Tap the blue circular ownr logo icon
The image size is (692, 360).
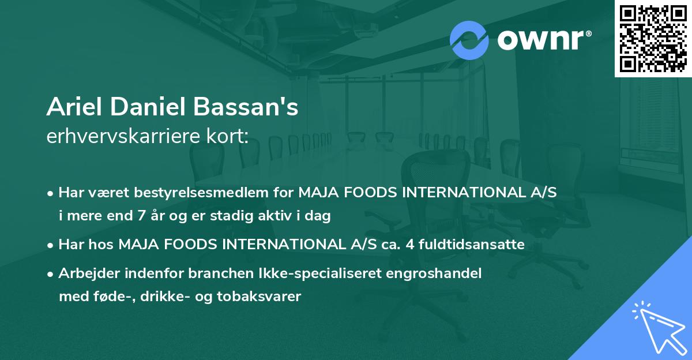469,40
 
